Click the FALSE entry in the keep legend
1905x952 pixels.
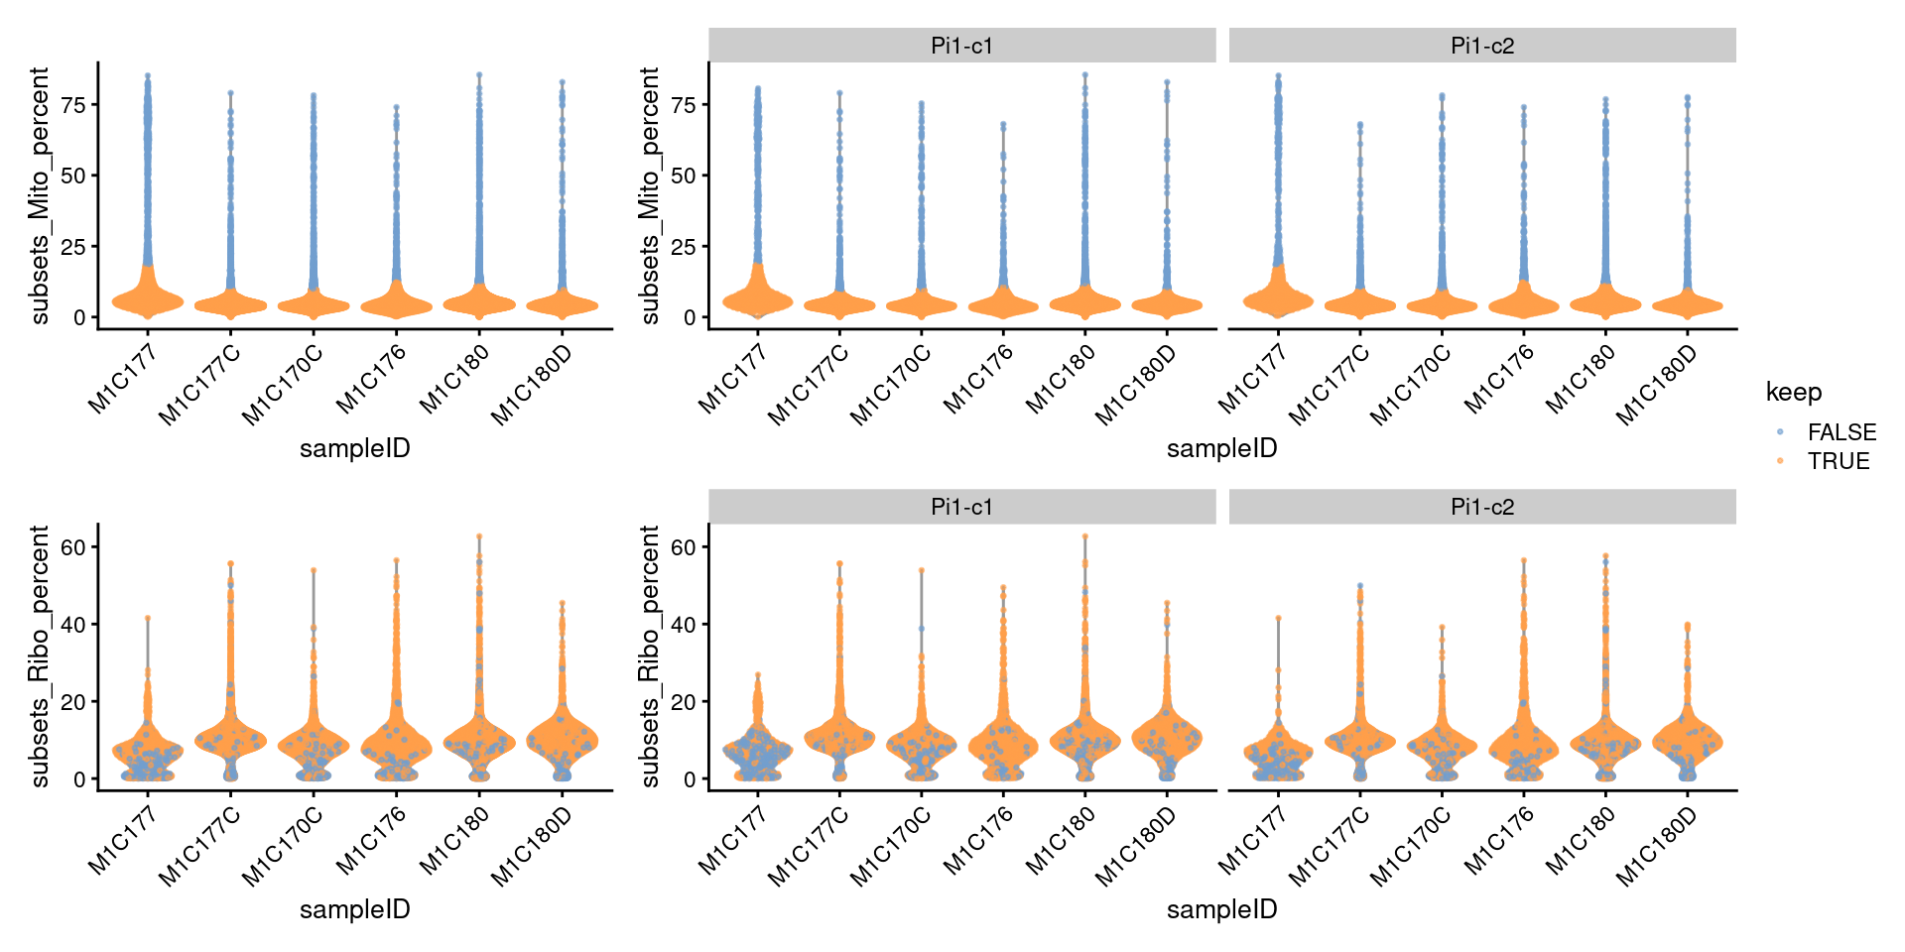pos(1841,432)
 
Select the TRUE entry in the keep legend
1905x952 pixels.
pos(1838,461)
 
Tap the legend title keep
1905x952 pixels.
pos(1793,393)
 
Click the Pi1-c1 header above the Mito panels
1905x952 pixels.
pos(961,46)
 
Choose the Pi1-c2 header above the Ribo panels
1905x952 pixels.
pos(1481,507)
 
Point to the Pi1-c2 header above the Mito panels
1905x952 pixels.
pos(1481,46)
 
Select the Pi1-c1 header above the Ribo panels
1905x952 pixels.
pos(961,507)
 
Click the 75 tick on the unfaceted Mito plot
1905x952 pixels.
pos(73,104)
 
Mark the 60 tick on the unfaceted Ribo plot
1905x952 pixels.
pos(73,547)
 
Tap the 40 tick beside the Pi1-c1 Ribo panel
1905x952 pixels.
pos(683,625)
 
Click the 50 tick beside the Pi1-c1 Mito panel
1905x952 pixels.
pos(683,176)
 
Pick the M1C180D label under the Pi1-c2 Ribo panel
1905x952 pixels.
pos(1656,847)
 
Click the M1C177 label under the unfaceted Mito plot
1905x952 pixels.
pos(123,378)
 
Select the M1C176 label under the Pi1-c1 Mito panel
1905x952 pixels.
pos(978,378)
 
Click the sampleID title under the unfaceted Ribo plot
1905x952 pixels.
pos(354,909)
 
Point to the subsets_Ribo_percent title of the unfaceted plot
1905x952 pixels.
pos(40,656)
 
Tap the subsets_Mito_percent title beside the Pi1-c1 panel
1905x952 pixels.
pos(649,195)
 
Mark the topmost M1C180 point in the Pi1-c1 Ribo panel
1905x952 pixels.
pos(1085,536)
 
